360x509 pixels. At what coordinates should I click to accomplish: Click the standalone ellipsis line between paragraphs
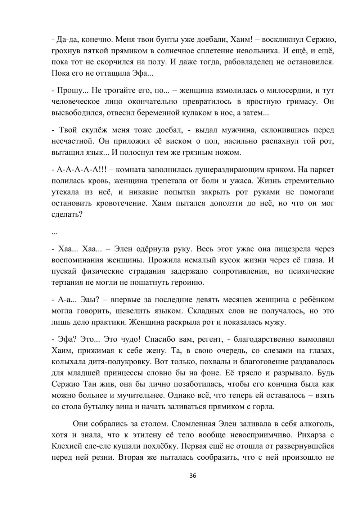tap(55, 232)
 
